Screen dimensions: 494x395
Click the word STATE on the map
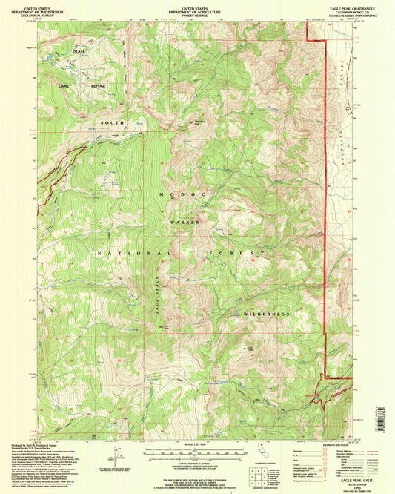point(79,50)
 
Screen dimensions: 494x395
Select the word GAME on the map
point(64,86)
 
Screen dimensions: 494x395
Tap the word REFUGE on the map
point(99,86)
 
